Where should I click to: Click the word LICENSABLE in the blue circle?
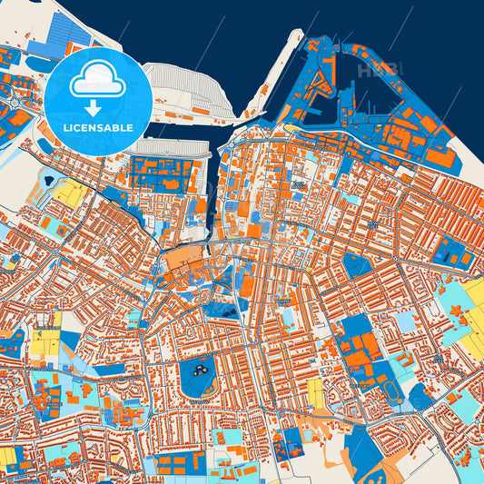point(98,128)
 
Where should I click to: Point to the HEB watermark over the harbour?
point(376,69)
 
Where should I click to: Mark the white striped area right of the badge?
point(186,91)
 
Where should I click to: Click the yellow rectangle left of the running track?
point(315,391)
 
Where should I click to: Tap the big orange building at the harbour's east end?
point(440,156)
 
